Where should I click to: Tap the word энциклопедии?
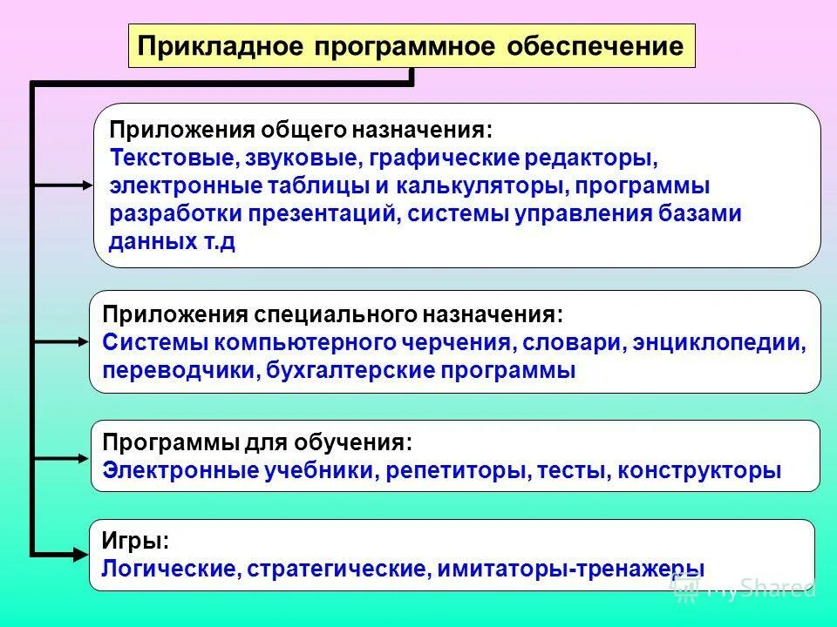point(730,342)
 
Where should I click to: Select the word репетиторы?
point(456,471)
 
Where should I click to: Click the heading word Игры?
point(135,541)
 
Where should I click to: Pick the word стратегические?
point(336,569)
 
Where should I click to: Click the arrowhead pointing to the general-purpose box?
point(85,185)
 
